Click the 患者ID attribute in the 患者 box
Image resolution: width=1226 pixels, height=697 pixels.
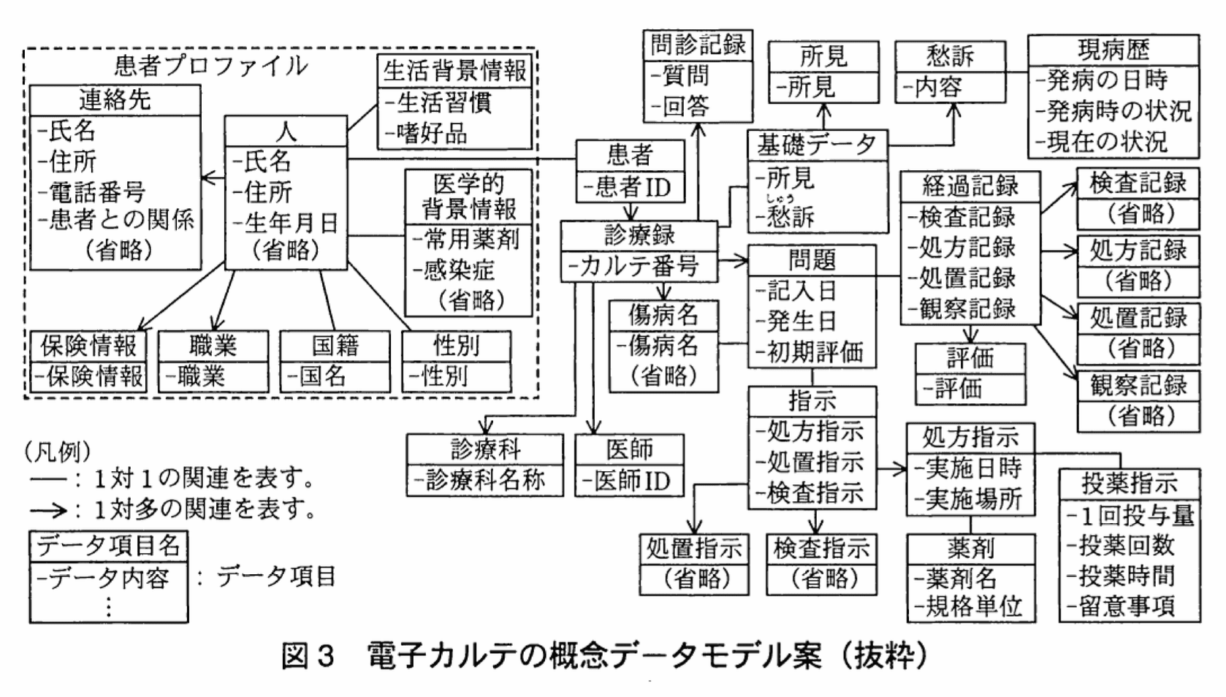(633, 188)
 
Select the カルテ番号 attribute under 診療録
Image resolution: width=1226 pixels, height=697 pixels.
(639, 266)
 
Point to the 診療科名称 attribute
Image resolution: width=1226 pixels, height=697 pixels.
(485, 480)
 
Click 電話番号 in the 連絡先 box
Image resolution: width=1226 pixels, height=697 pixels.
(96, 191)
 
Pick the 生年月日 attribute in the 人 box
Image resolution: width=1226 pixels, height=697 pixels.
(291, 222)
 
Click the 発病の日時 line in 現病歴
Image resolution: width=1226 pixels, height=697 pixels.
(1106, 80)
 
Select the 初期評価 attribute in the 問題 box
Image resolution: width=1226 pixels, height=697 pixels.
(815, 352)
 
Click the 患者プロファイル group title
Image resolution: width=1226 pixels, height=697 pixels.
(210, 66)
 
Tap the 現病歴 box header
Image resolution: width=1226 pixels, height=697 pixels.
(1113, 50)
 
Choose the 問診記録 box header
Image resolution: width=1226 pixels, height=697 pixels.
(698, 45)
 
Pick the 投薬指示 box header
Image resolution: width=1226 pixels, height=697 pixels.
(1129, 483)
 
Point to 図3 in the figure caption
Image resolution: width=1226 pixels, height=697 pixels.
(307, 655)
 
